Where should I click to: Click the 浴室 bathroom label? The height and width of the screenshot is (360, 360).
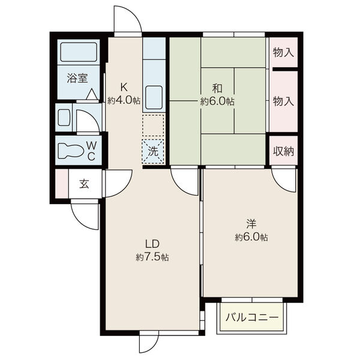point(77,78)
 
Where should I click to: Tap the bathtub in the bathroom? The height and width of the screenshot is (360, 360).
point(79,52)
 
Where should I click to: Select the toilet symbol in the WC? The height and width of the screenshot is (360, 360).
point(70,151)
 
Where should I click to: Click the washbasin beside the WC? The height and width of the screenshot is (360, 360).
point(64,118)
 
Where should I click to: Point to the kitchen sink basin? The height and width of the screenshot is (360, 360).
point(154,98)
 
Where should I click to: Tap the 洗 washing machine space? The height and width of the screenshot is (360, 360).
point(153,151)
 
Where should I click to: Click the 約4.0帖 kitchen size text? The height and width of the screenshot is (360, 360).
point(124,100)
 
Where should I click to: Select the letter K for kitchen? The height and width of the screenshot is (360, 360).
point(124,87)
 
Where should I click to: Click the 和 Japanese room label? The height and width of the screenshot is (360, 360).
point(217,88)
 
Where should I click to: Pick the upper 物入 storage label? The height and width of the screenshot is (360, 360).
point(283,53)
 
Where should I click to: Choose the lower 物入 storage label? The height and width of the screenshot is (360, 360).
point(283,101)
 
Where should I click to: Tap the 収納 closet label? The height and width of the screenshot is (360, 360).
point(283,151)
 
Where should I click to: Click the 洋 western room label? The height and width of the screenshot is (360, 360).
point(251,224)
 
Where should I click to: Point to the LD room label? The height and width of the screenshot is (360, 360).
point(152,244)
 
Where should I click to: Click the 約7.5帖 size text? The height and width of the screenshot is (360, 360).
point(152,257)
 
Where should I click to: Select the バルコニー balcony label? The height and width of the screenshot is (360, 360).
point(252,318)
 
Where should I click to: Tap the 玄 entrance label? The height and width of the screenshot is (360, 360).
point(84,184)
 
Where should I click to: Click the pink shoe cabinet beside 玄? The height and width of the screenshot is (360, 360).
point(62,184)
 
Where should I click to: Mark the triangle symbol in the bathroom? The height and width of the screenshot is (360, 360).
point(92,94)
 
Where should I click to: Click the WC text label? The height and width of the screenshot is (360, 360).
point(91,151)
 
